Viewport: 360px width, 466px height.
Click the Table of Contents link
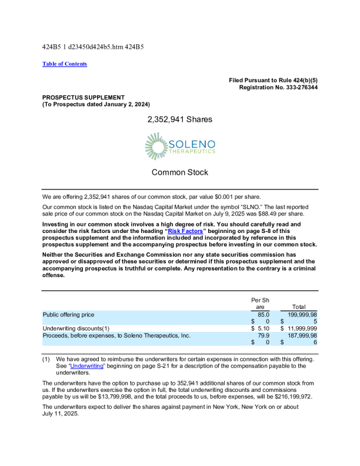[x=65, y=64]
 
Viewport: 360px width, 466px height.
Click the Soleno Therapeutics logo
[x=180, y=147]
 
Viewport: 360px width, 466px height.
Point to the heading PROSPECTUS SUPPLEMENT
[x=84, y=97]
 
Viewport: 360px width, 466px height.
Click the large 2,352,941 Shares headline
[x=180, y=119]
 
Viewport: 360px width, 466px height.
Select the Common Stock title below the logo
[x=180, y=172]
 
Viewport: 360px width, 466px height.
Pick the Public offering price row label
[x=68, y=315]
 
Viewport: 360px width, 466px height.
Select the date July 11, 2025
[x=61, y=413]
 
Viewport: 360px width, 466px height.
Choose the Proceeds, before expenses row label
[x=116, y=335]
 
